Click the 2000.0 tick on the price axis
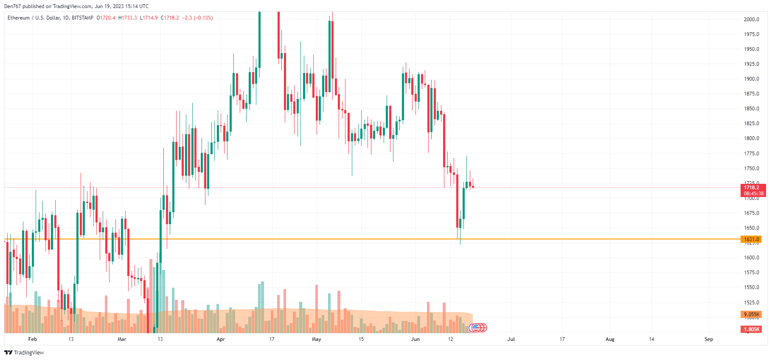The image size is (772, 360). point(751,20)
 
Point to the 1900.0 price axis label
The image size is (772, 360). point(751,79)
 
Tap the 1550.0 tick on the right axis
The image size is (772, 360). point(751,287)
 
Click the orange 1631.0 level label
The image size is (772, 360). point(752,239)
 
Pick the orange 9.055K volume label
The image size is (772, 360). point(752,315)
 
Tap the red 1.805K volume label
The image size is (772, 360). point(752,329)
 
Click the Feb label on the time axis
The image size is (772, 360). point(33,339)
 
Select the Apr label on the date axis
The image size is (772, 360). point(221,339)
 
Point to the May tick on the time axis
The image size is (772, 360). point(317,339)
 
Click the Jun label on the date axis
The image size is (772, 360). point(415,339)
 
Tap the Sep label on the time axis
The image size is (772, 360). point(709,339)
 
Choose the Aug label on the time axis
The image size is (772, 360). point(610,339)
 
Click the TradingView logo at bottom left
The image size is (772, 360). point(24,353)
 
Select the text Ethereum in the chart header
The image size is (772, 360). point(19,18)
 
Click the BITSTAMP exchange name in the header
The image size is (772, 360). point(82,18)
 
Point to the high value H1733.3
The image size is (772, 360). point(128,18)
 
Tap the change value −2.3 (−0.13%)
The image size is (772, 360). point(198,18)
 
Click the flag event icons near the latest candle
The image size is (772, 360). point(478,328)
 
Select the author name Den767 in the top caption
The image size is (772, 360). point(12,6)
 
